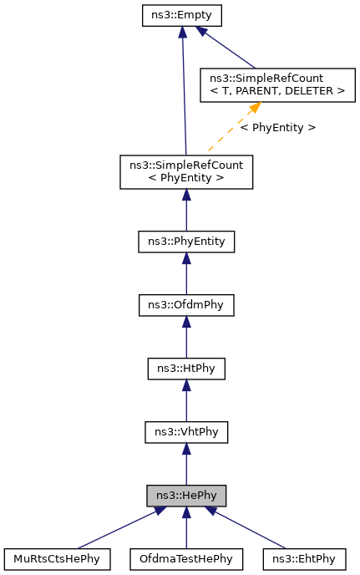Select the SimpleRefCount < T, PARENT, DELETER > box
click(x=272, y=84)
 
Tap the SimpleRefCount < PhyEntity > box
click(x=185, y=172)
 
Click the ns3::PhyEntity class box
click(x=185, y=242)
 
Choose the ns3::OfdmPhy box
click(x=185, y=305)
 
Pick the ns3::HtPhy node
click(x=185, y=368)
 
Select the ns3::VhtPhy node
click(x=185, y=432)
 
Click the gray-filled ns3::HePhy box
click(x=185, y=495)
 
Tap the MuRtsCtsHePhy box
click(x=58, y=558)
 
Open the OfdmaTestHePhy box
click(x=185, y=558)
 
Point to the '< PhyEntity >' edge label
click(x=277, y=128)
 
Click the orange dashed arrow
click(x=230, y=128)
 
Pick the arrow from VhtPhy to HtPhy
click(x=185, y=400)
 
